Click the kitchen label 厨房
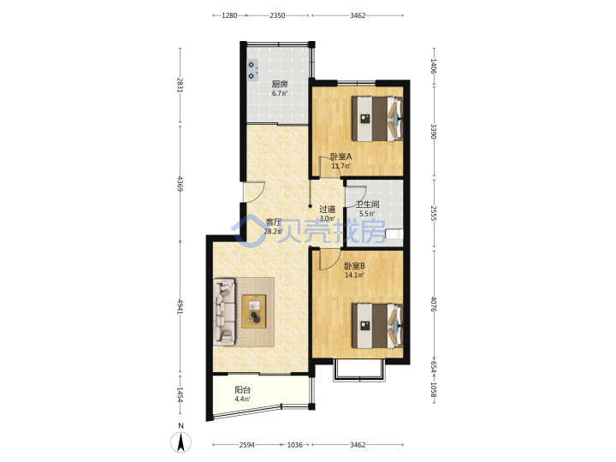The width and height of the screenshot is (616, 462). click(x=280, y=84)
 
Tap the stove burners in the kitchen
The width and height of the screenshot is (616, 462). click(x=252, y=70)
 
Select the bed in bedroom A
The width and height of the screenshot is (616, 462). click(x=377, y=118)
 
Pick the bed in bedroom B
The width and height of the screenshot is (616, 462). click(x=377, y=325)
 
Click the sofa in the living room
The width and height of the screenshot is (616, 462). click(x=224, y=311)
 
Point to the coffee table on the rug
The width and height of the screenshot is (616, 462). click(x=254, y=311)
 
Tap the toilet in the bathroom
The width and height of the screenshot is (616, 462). click(x=394, y=234)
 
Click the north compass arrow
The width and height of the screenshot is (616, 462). click(x=181, y=442)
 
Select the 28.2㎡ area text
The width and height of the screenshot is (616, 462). click(x=274, y=231)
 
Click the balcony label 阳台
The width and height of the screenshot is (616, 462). click(x=242, y=390)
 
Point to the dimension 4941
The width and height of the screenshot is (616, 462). click(x=181, y=307)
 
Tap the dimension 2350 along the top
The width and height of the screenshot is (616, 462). click(x=277, y=15)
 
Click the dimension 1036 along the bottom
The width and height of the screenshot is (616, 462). click(x=294, y=445)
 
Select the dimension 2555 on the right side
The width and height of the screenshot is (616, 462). click(x=434, y=212)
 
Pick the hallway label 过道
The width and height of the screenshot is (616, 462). click(x=327, y=209)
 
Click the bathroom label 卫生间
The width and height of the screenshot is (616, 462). click(x=368, y=204)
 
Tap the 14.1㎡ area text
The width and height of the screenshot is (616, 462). click(x=354, y=275)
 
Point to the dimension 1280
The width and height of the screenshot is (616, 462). click(x=229, y=15)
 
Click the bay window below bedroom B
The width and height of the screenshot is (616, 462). click(x=359, y=370)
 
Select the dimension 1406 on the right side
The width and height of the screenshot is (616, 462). click(x=434, y=66)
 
